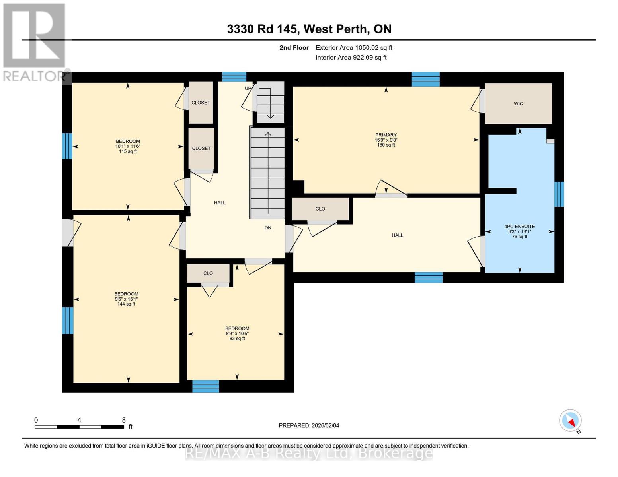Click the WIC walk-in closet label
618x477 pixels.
[x=518, y=104]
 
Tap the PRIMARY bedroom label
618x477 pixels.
[x=386, y=135]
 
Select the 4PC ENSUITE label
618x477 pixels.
[x=519, y=227]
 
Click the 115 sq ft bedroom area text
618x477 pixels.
[x=128, y=151]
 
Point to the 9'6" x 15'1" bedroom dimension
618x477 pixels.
[x=126, y=299]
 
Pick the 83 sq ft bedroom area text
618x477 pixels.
[x=237, y=339]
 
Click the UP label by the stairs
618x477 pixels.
[x=248, y=88]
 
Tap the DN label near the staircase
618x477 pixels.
[x=268, y=228]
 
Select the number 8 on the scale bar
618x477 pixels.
[x=124, y=420]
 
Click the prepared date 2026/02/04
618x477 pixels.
[x=309, y=425]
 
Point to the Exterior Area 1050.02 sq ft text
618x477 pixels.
[x=354, y=48]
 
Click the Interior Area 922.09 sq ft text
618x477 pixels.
[x=351, y=58]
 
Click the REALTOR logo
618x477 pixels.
[x=35, y=42]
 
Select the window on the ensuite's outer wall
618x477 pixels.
[x=559, y=194]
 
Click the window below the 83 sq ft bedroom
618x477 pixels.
[x=206, y=386]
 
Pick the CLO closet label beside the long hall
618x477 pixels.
[x=320, y=209]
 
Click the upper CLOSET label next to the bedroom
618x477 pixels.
[x=201, y=103]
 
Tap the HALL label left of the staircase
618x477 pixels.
[x=220, y=203]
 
